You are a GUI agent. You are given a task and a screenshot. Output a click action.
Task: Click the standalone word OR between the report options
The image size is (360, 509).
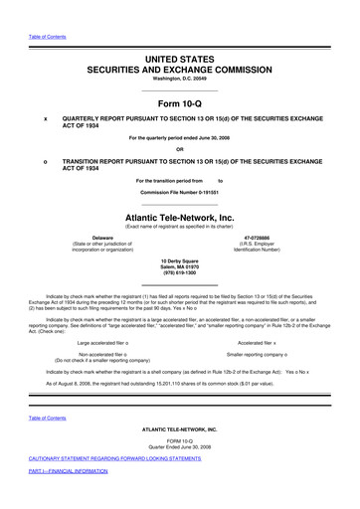[x=179, y=148]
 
